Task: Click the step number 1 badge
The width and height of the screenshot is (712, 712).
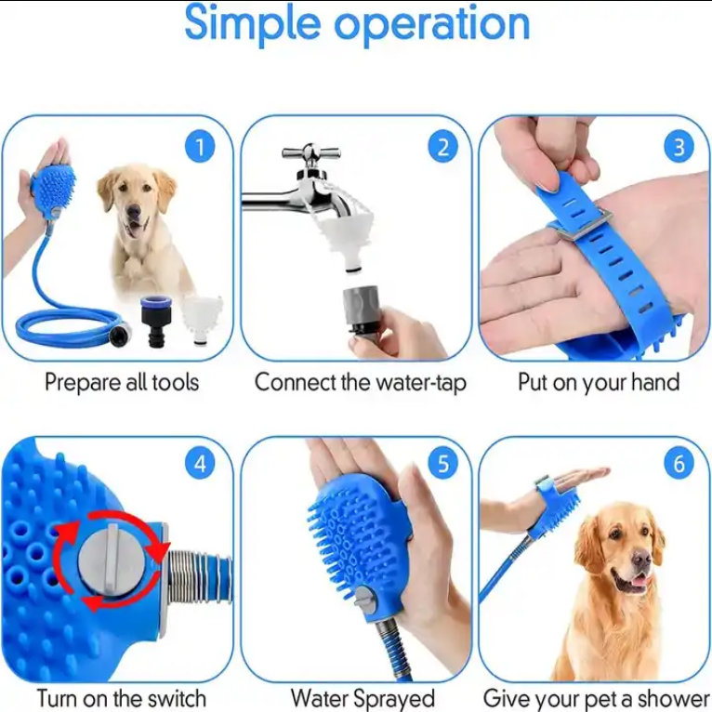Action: point(200,147)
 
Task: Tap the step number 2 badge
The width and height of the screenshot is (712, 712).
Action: point(443,147)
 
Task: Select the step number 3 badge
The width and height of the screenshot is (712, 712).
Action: point(679,147)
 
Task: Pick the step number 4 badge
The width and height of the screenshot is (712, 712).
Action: point(200,464)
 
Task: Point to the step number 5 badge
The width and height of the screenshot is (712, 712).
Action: point(443,464)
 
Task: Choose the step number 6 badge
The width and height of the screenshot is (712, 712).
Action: point(679,464)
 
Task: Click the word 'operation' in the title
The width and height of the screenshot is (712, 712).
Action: point(432,24)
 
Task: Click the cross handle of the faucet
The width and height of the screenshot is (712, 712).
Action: point(311,152)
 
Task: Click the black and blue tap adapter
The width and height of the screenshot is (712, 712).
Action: point(155,319)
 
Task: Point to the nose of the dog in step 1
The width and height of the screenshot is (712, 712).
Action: point(133,210)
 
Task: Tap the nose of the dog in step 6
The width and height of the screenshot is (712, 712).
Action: point(641,558)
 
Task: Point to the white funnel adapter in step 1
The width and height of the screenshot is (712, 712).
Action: point(202,319)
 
